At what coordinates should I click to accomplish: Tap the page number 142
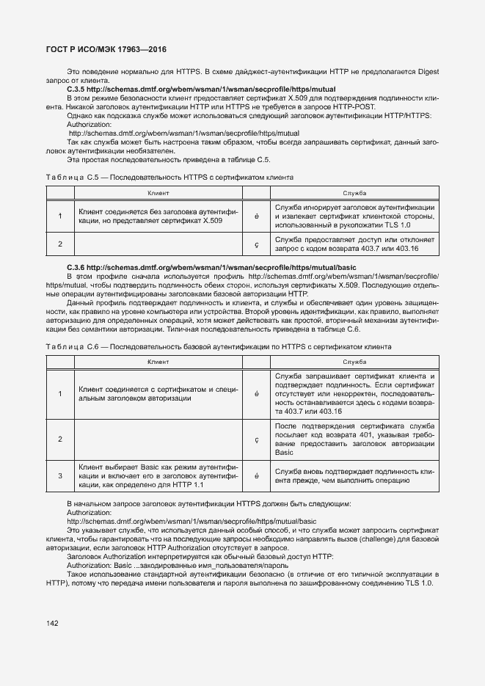click(x=52, y=624)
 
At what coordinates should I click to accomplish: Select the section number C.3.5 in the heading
click(x=77, y=89)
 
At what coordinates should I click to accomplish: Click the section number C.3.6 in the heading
click(x=77, y=267)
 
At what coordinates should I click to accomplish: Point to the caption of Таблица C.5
click(x=169, y=178)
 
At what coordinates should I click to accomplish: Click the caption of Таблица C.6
click(x=218, y=346)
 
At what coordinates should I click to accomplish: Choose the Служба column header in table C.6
click(x=354, y=362)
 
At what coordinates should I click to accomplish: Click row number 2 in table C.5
click(x=60, y=244)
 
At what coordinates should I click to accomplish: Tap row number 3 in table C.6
click(x=60, y=475)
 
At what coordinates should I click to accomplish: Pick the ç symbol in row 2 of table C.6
click(x=257, y=439)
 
